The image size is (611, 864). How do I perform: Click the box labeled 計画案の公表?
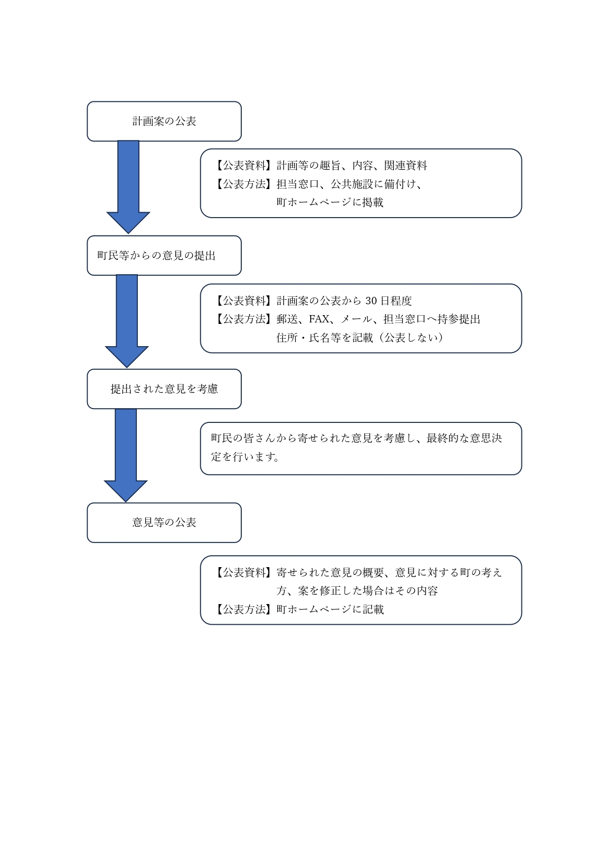tap(164, 121)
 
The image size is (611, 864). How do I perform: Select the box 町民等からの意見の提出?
tap(164, 256)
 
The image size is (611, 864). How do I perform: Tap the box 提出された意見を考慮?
tap(164, 389)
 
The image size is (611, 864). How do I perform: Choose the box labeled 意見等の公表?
tap(164, 522)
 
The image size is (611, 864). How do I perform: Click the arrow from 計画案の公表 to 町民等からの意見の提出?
tap(129, 187)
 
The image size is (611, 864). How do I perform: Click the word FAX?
tap(319, 319)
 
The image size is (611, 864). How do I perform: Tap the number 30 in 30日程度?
tap(371, 301)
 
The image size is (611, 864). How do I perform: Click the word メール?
tap(356, 319)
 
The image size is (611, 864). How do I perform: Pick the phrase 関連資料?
tap(406, 165)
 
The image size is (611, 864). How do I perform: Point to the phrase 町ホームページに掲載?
tap(330, 202)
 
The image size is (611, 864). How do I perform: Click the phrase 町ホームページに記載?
tap(330, 609)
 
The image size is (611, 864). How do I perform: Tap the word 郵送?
tap(287, 319)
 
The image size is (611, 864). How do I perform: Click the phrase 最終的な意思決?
tap(464, 438)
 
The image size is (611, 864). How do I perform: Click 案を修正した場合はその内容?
tap(367, 591)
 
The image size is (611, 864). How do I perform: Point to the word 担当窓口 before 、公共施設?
tap(298, 184)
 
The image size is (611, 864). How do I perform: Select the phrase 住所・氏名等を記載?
tap(325, 337)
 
